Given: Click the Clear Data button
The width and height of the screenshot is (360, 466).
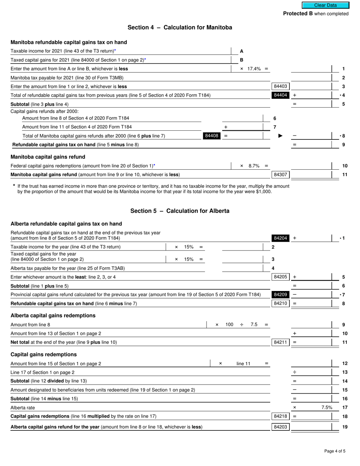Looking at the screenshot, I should [325, 5].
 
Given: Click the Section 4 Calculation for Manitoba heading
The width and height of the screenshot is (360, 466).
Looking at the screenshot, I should [180, 27].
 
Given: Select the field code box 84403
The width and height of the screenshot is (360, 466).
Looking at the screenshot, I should [280, 86].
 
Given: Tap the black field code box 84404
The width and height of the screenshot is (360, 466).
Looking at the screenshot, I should [280, 95].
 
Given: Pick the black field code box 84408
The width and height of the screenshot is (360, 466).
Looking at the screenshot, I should [211, 136].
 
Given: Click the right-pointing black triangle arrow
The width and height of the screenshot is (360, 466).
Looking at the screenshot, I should [280, 136].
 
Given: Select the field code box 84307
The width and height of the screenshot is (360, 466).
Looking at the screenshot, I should [280, 175].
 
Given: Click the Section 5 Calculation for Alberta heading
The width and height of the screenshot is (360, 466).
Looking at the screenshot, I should [180, 211].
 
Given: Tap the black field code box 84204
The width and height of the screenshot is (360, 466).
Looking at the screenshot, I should [280, 238].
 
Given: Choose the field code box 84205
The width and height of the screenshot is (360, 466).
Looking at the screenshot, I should [280, 277].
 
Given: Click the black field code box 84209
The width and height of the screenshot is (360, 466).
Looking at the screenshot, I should [280, 294].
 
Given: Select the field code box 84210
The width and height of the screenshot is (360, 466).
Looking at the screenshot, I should [280, 303].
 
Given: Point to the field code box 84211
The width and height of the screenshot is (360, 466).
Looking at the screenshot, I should [280, 342].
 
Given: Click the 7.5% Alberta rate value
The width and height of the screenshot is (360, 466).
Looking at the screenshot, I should [327, 407].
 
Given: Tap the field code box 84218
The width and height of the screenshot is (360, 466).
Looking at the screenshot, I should [280, 416].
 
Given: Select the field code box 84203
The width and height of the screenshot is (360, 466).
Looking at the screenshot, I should [280, 427].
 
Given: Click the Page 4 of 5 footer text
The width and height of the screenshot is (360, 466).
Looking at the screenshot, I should [335, 451].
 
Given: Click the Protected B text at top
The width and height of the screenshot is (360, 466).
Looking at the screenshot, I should [298, 14].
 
